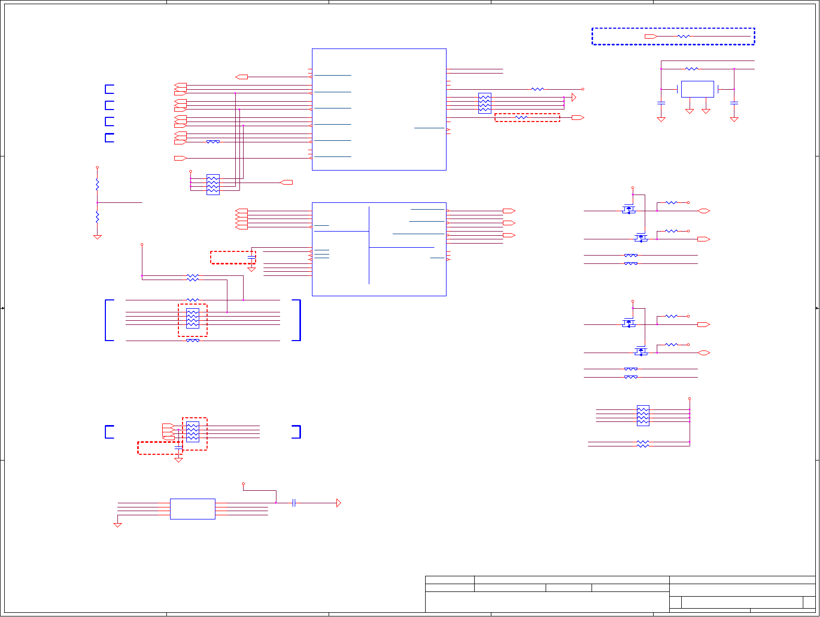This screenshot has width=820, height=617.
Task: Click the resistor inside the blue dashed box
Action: point(683,37)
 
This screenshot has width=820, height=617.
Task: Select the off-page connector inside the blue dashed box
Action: point(650,37)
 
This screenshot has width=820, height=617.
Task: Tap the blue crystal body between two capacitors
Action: point(697,89)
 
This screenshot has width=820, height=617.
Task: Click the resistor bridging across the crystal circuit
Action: point(692,69)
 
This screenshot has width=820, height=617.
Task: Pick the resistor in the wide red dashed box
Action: point(521,118)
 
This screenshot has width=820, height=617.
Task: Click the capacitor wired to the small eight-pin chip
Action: point(295,503)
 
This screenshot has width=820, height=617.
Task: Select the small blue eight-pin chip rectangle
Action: point(192,509)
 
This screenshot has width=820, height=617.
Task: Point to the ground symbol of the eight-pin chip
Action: point(118,525)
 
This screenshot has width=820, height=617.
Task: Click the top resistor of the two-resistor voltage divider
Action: point(97,184)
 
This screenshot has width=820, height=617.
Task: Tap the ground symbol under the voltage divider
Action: point(97,237)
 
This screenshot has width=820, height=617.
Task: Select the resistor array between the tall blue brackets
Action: point(192,318)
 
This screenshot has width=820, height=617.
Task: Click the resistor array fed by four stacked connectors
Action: point(192,432)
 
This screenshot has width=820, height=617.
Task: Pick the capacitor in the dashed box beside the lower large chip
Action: point(251,257)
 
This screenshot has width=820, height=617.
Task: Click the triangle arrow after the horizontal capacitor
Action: point(339,503)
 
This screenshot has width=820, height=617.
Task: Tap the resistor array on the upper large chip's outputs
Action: point(485,103)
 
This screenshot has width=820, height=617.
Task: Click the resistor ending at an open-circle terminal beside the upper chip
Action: point(537,89)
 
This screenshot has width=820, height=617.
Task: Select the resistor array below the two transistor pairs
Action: point(643,416)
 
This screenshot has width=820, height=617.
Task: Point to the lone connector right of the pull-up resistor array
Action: point(286,183)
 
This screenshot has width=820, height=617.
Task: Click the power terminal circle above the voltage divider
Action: point(97,167)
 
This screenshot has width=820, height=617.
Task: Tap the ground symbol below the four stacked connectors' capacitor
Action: point(178,460)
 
